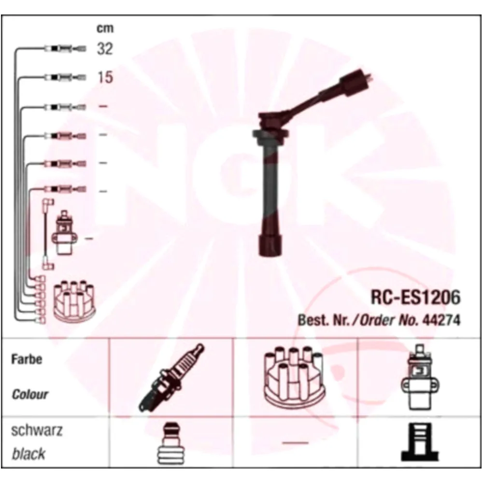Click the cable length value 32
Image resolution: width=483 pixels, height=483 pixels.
pyautogui.click(x=105, y=49)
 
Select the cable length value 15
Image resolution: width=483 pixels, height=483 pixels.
pyautogui.click(x=105, y=77)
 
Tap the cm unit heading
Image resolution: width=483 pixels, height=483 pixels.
pyautogui.click(x=105, y=28)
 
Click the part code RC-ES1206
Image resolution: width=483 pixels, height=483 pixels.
pyautogui.click(x=415, y=297)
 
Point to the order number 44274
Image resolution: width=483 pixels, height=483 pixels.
pyautogui.click(x=442, y=320)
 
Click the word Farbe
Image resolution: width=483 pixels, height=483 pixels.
pyautogui.click(x=27, y=359)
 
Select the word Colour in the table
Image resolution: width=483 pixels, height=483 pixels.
pyautogui.click(x=30, y=394)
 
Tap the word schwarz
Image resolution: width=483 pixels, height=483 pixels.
pyautogui.click(x=37, y=430)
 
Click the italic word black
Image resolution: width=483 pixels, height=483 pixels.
pyautogui.click(x=28, y=454)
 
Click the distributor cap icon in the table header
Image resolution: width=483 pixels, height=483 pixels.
pyautogui.click(x=295, y=377)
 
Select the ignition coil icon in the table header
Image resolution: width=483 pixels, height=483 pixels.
pyautogui.click(x=420, y=378)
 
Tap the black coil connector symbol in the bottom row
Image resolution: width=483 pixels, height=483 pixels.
pyautogui.click(x=420, y=442)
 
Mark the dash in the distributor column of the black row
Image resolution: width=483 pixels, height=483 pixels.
pyautogui.click(x=295, y=443)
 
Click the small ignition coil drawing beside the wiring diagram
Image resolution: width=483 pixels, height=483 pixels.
pyautogui.click(x=64, y=233)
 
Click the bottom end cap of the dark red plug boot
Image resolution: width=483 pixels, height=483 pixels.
pyautogui.click(x=270, y=246)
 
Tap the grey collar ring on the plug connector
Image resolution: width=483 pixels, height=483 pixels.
pyautogui.click(x=270, y=134)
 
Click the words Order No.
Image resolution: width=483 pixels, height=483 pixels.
pyautogui.click(x=389, y=320)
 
